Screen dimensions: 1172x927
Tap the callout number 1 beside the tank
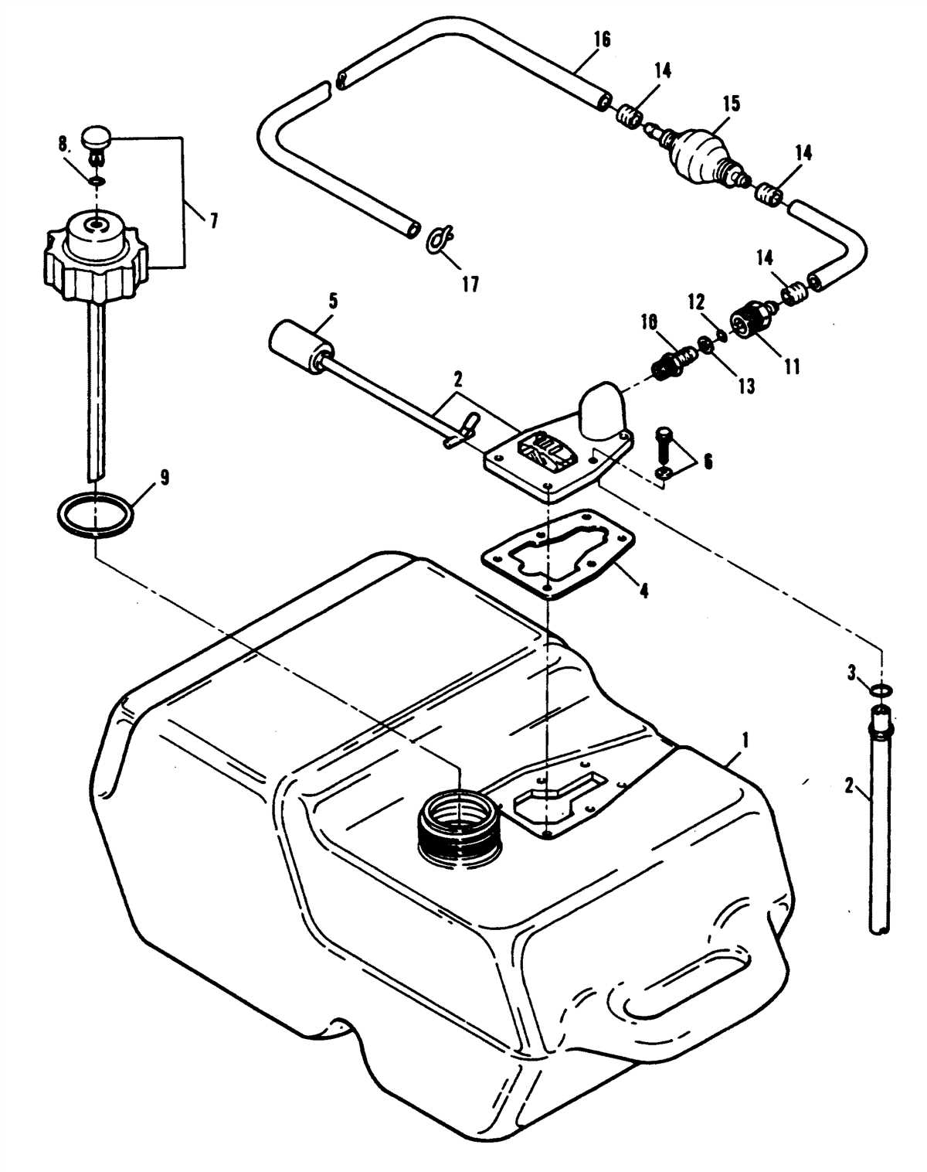745,740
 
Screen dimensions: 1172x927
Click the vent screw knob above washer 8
97,140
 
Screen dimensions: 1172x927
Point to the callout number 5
333,301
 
